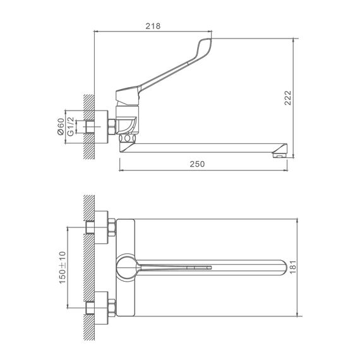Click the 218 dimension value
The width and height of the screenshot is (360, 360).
point(153,26)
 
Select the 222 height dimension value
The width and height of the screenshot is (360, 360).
point(287,98)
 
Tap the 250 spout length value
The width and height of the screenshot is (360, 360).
point(197,164)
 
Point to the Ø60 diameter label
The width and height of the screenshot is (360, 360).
point(61,126)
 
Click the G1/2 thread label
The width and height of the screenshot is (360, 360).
point(71,126)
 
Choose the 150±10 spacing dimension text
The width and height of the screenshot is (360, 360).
point(63,268)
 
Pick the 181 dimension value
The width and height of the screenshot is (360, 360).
point(293,267)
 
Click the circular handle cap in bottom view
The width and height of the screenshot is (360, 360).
point(126,268)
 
